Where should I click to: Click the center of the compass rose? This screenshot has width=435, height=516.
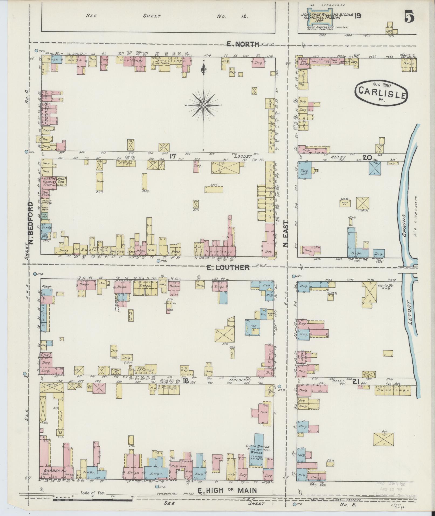point(204,105)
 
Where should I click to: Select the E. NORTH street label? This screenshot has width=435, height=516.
point(242,44)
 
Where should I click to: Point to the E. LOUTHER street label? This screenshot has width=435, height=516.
point(228,267)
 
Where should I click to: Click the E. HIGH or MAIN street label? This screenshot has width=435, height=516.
point(227,490)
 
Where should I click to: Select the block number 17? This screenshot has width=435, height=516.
point(173,156)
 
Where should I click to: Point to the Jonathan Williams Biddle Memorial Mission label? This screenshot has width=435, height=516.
point(326,16)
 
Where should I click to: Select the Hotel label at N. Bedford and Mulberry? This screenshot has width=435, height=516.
point(52,384)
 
